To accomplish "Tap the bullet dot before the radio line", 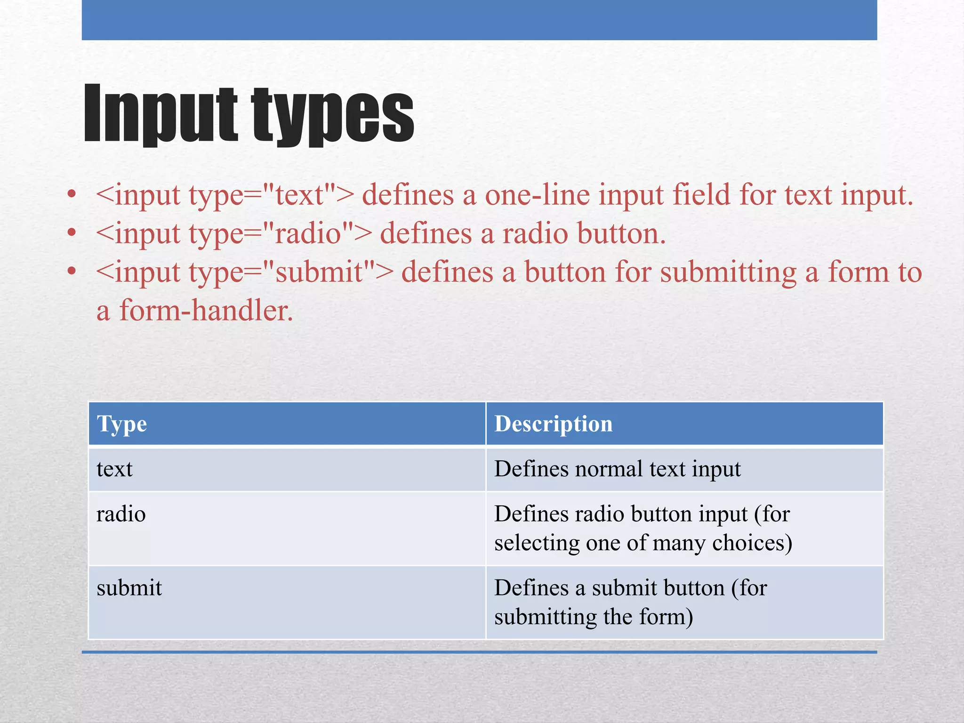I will [72, 233].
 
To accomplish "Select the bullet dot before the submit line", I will [72, 271].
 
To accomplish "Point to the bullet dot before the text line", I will [72, 194].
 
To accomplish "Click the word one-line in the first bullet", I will [537, 195].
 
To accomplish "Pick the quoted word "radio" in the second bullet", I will [308, 233].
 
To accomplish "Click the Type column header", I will [122, 424].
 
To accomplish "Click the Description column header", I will [554, 424].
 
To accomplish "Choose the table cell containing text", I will [287, 469].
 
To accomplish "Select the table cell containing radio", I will [287, 528].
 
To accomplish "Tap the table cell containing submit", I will [287, 602].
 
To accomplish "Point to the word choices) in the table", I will [752, 543].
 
